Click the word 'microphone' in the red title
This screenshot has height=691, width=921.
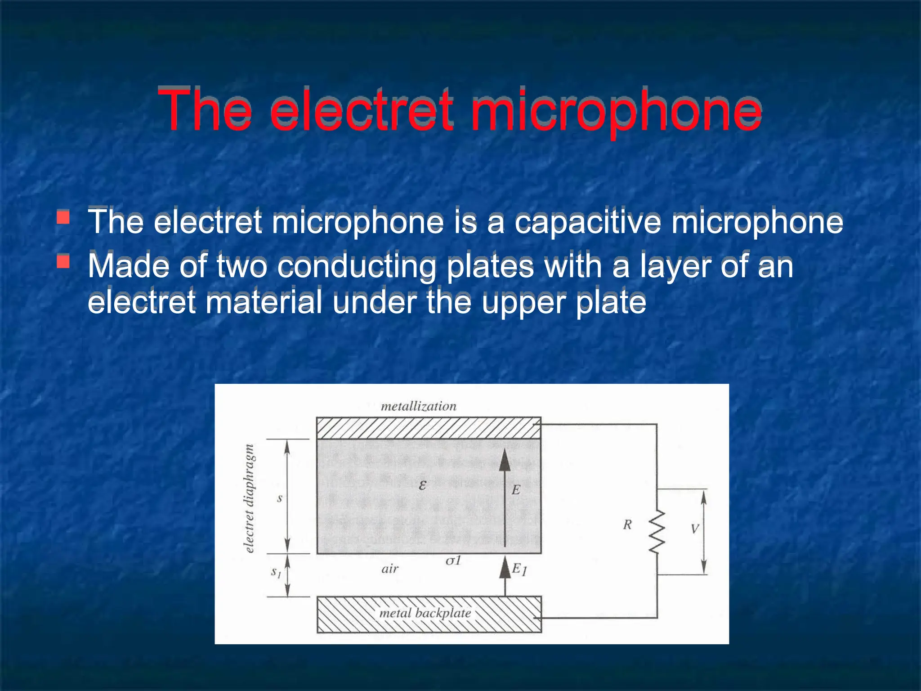(x=616, y=111)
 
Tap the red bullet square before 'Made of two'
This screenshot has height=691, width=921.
(x=63, y=261)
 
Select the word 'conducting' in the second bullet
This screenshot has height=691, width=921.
(x=357, y=266)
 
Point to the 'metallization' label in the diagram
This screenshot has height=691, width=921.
(x=418, y=406)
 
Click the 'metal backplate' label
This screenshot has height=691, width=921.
(x=425, y=613)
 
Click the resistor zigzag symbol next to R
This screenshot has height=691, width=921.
(x=657, y=532)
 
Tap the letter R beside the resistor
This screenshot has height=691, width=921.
(x=627, y=525)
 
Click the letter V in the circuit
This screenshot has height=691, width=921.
(x=695, y=529)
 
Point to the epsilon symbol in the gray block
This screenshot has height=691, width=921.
(x=422, y=485)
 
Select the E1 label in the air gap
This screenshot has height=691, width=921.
(x=519, y=570)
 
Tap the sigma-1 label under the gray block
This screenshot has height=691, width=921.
(x=453, y=561)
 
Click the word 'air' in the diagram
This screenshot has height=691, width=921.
(x=390, y=569)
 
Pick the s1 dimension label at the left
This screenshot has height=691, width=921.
(x=276, y=572)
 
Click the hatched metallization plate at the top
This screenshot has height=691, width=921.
(x=428, y=428)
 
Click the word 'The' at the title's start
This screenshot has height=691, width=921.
(x=205, y=111)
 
